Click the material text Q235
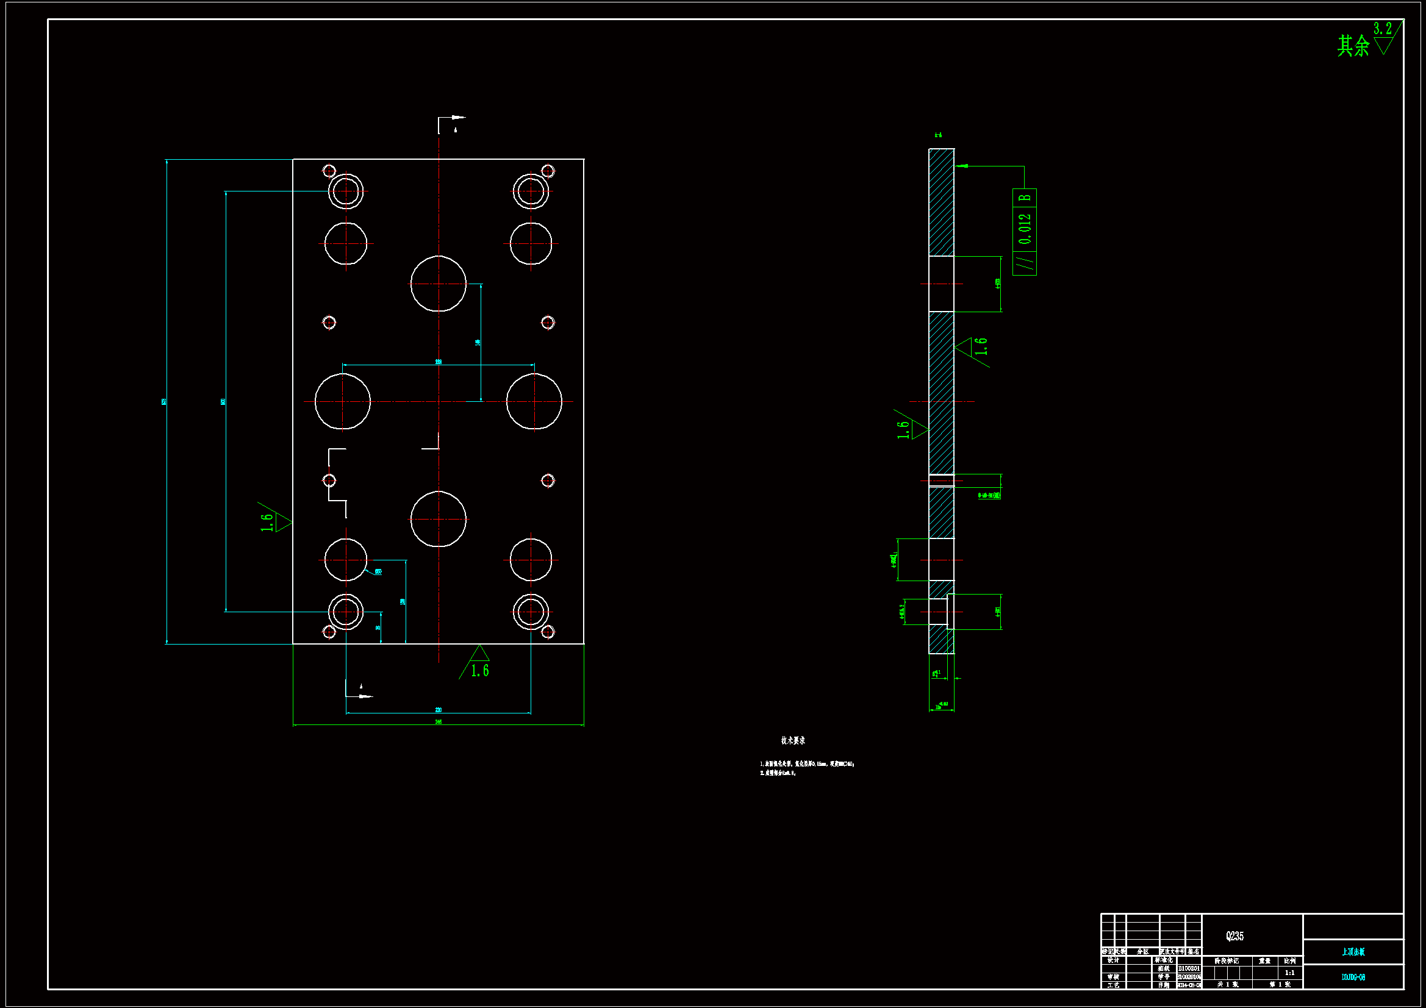1234,936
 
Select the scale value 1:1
1289,973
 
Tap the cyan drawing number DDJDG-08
1353,978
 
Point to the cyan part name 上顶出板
1353,952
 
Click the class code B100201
1189,968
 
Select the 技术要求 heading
792,740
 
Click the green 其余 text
1353,46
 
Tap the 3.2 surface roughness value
1382,29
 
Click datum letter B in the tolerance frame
1025,198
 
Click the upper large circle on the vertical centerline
439,284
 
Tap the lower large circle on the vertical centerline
439,519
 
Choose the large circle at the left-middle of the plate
343,401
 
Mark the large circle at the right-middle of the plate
534,401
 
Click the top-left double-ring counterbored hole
346,191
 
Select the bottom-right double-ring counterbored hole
531,612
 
